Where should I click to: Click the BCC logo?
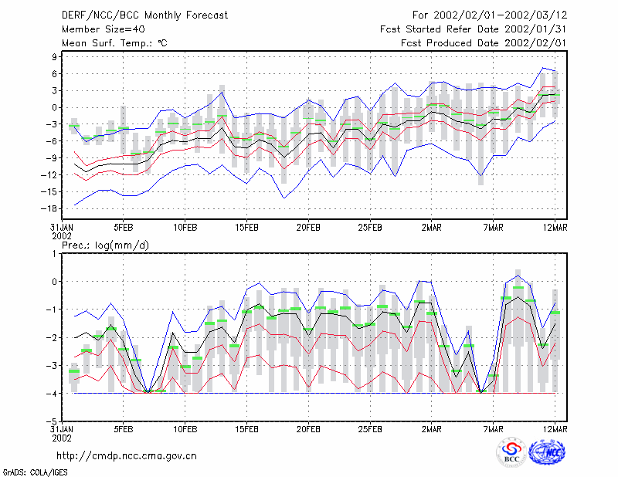point(511,453)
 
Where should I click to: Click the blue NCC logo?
point(547,452)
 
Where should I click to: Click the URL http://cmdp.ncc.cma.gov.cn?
point(127,456)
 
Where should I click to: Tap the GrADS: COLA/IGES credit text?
point(35,472)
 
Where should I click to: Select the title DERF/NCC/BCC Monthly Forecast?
point(144,15)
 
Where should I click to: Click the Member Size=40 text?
point(104,29)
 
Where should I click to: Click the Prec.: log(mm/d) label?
point(105,245)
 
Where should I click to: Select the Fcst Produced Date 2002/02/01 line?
point(484,43)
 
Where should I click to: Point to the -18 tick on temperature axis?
point(49,208)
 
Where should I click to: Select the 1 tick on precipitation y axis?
point(54,254)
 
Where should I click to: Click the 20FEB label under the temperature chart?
point(308,228)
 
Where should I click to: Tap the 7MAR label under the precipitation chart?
point(493,429)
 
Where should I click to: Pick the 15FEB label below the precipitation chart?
point(246,429)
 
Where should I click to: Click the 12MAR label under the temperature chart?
point(555,228)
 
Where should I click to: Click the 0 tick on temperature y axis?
point(54,107)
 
